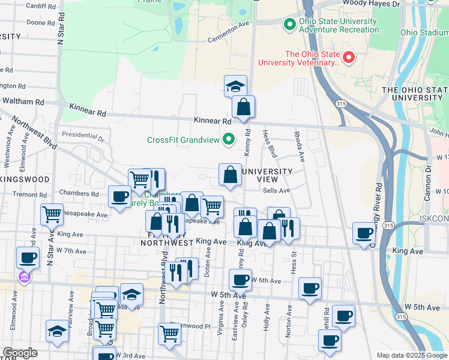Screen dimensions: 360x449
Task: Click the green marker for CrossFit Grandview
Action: pos(228,140)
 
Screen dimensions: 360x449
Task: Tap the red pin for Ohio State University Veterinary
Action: pos(349,58)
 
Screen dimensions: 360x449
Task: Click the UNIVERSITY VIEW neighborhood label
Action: pos(266,175)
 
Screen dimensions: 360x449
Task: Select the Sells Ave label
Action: pos(276,190)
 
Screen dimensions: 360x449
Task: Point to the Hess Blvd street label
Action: pos(270,143)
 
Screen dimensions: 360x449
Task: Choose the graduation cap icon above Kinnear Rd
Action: pos(235,86)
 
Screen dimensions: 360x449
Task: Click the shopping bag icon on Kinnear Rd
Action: pos(243,107)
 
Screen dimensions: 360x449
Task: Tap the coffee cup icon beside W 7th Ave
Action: pos(27,257)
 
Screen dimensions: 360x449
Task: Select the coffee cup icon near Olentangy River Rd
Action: pos(364,233)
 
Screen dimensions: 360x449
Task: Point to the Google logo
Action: pos(20,353)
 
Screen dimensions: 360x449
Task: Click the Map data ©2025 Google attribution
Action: pos(411,355)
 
